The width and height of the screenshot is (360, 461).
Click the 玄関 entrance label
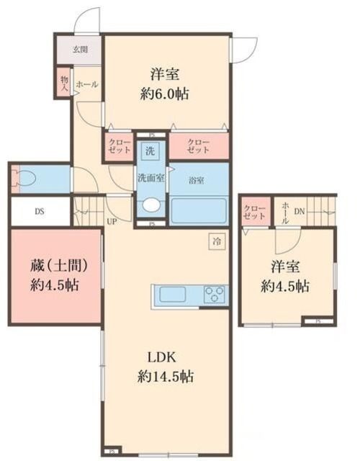[x=80, y=50]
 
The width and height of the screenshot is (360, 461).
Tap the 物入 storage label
[x=64, y=82]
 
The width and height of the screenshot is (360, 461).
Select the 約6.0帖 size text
[x=166, y=94]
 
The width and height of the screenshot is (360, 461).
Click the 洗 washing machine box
[x=150, y=151]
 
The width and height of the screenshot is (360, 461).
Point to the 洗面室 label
[x=151, y=176]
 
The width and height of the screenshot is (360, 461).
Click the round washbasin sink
[x=151, y=205]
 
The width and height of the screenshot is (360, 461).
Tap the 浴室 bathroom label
[x=197, y=180]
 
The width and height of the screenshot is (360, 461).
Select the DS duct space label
[x=40, y=212]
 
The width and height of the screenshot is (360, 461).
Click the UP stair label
[x=112, y=221]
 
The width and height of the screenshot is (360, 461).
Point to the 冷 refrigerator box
[x=216, y=242]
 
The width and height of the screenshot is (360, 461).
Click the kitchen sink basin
[x=173, y=295]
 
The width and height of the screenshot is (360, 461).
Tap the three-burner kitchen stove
[x=214, y=295]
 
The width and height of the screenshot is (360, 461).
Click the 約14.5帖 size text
[x=166, y=376]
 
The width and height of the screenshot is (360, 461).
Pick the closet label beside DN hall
[x=254, y=212]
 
